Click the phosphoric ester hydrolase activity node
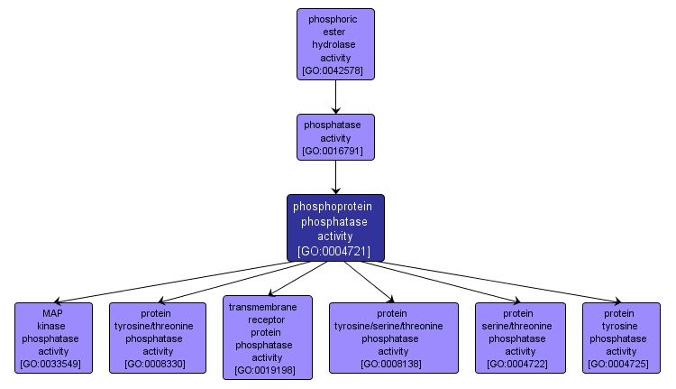(x=335, y=43)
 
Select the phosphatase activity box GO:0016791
(x=335, y=137)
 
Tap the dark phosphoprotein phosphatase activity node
(x=335, y=227)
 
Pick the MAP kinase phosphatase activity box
(x=52, y=338)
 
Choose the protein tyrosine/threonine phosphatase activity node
(x=158, y=338)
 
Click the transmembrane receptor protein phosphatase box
(x=267, y=337)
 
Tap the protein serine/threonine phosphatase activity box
(x=520, y=338)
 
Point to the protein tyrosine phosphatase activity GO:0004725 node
(x=621, y=338)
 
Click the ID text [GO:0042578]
(x=335, y=70)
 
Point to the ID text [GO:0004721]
(x=335, y=251)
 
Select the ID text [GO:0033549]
(x=52, y=365)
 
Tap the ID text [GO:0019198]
(x=267, y=370)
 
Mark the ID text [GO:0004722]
(x=520, y=365)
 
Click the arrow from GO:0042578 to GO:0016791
(x=335, y=97)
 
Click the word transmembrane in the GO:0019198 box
(x=267, y=307)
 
